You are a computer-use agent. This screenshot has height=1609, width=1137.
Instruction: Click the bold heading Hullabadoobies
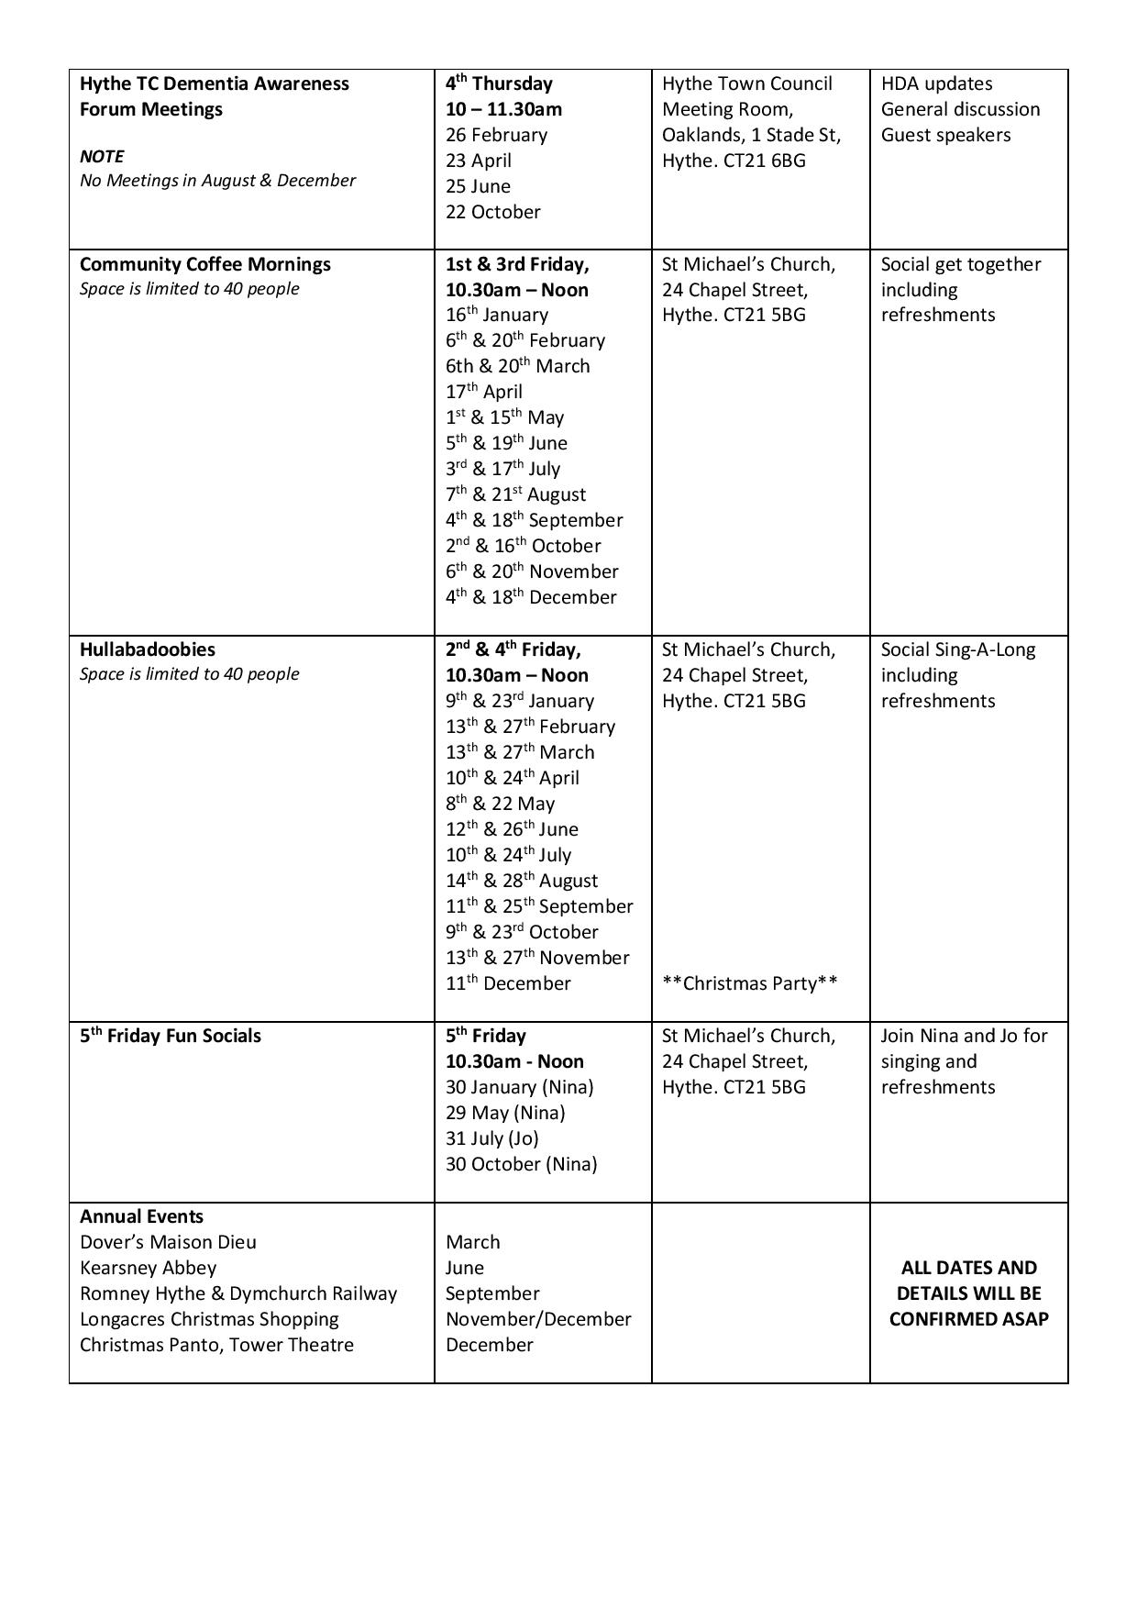pos(148,649)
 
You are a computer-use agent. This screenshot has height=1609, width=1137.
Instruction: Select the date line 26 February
pos(496,135)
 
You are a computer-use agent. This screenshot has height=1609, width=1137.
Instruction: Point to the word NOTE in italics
pos(102,156)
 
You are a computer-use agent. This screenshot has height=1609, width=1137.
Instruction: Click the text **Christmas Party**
pos(749,983)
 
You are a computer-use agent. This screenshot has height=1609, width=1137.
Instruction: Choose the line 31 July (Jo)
pos(491,1138)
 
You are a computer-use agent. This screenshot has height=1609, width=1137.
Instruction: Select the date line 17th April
pos(484,392)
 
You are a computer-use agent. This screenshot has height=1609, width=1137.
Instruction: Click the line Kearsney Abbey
pos(148,1268)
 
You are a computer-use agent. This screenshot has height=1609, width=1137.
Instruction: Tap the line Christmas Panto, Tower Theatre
pos(216,1345)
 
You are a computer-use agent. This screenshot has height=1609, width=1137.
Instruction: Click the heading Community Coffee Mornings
pos(205,264)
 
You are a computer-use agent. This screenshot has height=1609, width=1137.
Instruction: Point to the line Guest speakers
pos(945,135)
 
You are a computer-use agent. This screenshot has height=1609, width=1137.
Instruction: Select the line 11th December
pos(508,983)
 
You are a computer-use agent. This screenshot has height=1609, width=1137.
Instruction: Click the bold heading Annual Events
pos(141,1216)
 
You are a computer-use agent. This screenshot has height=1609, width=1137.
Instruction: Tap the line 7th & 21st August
pos(515,494)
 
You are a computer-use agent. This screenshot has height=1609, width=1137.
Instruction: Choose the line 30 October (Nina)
pos(521,1164)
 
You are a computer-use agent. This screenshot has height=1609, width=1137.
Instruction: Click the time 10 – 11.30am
pos(503,109)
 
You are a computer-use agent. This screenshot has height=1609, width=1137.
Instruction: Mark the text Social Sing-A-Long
pos(957,649)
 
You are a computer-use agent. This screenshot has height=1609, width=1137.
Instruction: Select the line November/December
pos(538,1319)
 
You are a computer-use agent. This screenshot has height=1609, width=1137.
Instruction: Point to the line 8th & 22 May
pos(500,804)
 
